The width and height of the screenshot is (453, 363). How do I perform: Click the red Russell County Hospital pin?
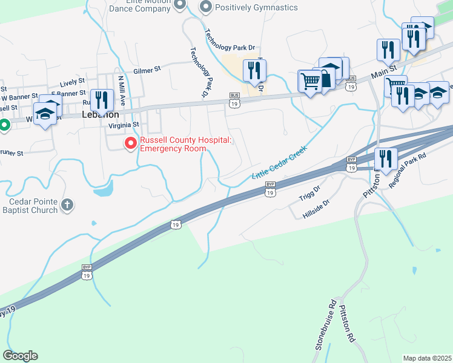pyautogui.click(x=130, y=143)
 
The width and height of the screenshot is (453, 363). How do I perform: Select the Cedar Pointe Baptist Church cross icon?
pyautogui.click(x=67, y=205)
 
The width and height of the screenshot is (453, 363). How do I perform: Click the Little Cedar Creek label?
pyautogui.click(x=280, y=162)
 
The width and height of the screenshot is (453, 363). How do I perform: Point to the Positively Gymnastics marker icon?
pyautogui.click(x=207, y=7)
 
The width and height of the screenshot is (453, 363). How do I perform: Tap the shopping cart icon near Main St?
pyautogui.click(x=310, y=80)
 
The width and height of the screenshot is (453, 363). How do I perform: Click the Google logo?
pyautogui.click(x=20, y=356)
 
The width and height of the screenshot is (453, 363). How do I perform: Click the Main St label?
pyautogui.click(x=383, y=74)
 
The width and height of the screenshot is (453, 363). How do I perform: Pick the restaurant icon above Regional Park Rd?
pyautogui.click(x=385, y=159)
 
